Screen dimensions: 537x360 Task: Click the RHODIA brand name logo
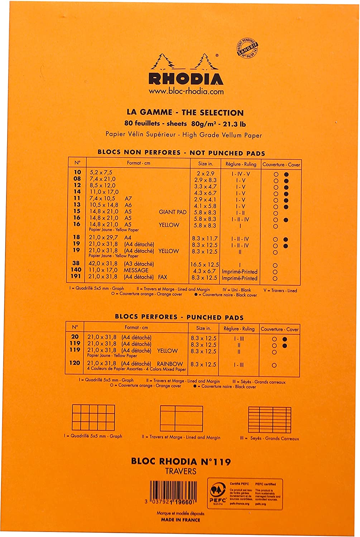coord(186,78)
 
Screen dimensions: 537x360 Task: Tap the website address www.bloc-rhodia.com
coord(186,91)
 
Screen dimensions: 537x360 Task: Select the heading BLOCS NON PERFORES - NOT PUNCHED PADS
coord(181,153)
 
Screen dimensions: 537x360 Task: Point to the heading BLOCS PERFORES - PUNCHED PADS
coord(179,317)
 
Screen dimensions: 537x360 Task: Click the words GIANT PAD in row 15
coord(173,212)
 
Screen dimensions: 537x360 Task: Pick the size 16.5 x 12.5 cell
coord(204,265)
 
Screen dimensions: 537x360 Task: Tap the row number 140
coord(76,270)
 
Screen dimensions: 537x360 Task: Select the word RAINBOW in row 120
coord(170,364)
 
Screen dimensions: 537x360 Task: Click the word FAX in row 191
coord(162,277)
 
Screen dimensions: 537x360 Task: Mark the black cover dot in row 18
coord(286,240)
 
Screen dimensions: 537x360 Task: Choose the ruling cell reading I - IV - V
coord(240,174)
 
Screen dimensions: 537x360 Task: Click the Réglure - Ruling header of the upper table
coord(241,164)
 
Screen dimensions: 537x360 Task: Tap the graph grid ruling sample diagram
coord(93,417)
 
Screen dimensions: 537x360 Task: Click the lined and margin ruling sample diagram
coord(182,418)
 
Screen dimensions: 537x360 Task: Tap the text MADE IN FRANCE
coord(181,520)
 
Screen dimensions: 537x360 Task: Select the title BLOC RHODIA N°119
coord(181,461)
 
